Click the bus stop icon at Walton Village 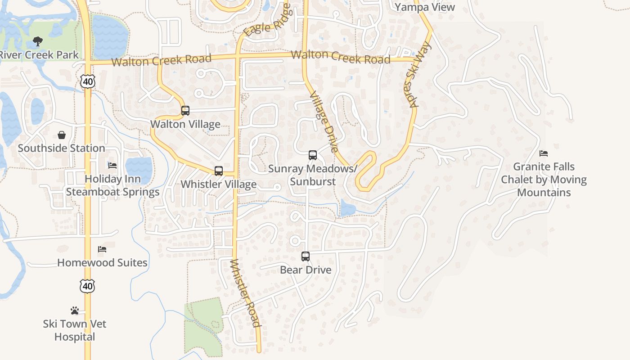coord(185,110)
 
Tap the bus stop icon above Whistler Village coord(219,171)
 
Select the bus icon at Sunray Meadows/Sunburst coord(313,155)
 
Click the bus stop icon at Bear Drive coord(306,256)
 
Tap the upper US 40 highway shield coord(88,81)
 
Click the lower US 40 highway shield coord(88,286)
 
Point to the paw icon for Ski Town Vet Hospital coord(75,310)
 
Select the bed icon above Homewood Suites coord(102,249)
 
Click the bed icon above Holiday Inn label coord(112,166)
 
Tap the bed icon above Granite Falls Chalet coord(544,153)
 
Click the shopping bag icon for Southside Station coord(62,135)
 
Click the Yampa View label coord(425,7)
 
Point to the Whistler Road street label coord(245,293)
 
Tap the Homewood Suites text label coord(102,262)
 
